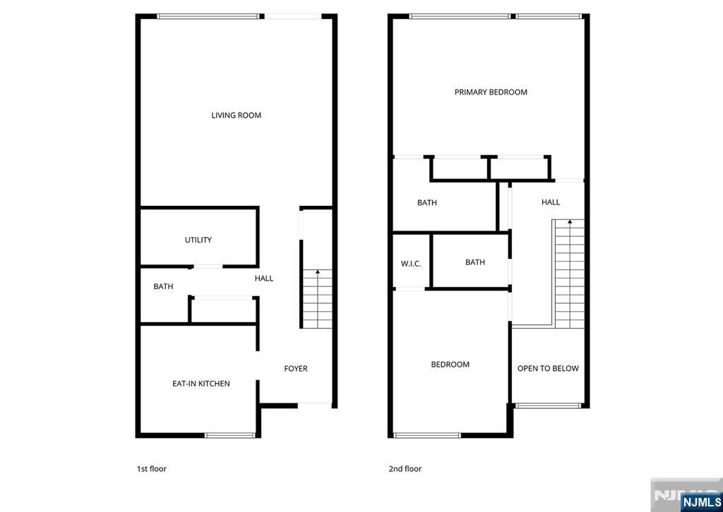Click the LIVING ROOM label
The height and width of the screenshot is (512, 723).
[x=236, y=115]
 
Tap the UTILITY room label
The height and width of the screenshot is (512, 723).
[x=198, y=240]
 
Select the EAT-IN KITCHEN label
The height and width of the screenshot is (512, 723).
[x=201, y=384]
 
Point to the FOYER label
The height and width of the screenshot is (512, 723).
[x=296, y=368]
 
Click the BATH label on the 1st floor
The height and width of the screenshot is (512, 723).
[x=163, y=286]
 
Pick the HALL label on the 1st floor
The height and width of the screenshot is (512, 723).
[x=264, y=279]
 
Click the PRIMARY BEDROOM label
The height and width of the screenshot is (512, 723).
[x=491, y=92]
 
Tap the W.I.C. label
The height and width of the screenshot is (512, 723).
[x=411, y=264]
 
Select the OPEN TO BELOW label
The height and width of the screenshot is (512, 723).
[x=548, y=368]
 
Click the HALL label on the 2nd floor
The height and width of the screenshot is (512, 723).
[x=551, y=202]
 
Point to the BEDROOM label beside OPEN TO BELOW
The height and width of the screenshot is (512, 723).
[x=450, y=365]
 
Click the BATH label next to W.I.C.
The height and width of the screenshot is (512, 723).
[x=475, y=262]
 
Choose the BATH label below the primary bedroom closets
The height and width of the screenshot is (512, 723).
[x=427, y=203]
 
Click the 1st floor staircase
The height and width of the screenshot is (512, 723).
[x=317, y=299]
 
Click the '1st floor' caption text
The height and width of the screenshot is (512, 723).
[x=151, y=469]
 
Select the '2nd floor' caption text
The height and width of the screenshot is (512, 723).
[x=405, y=469]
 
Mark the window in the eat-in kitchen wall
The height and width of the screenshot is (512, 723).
[x=229, y=434]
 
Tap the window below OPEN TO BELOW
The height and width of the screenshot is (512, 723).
[x=548, y=406]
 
